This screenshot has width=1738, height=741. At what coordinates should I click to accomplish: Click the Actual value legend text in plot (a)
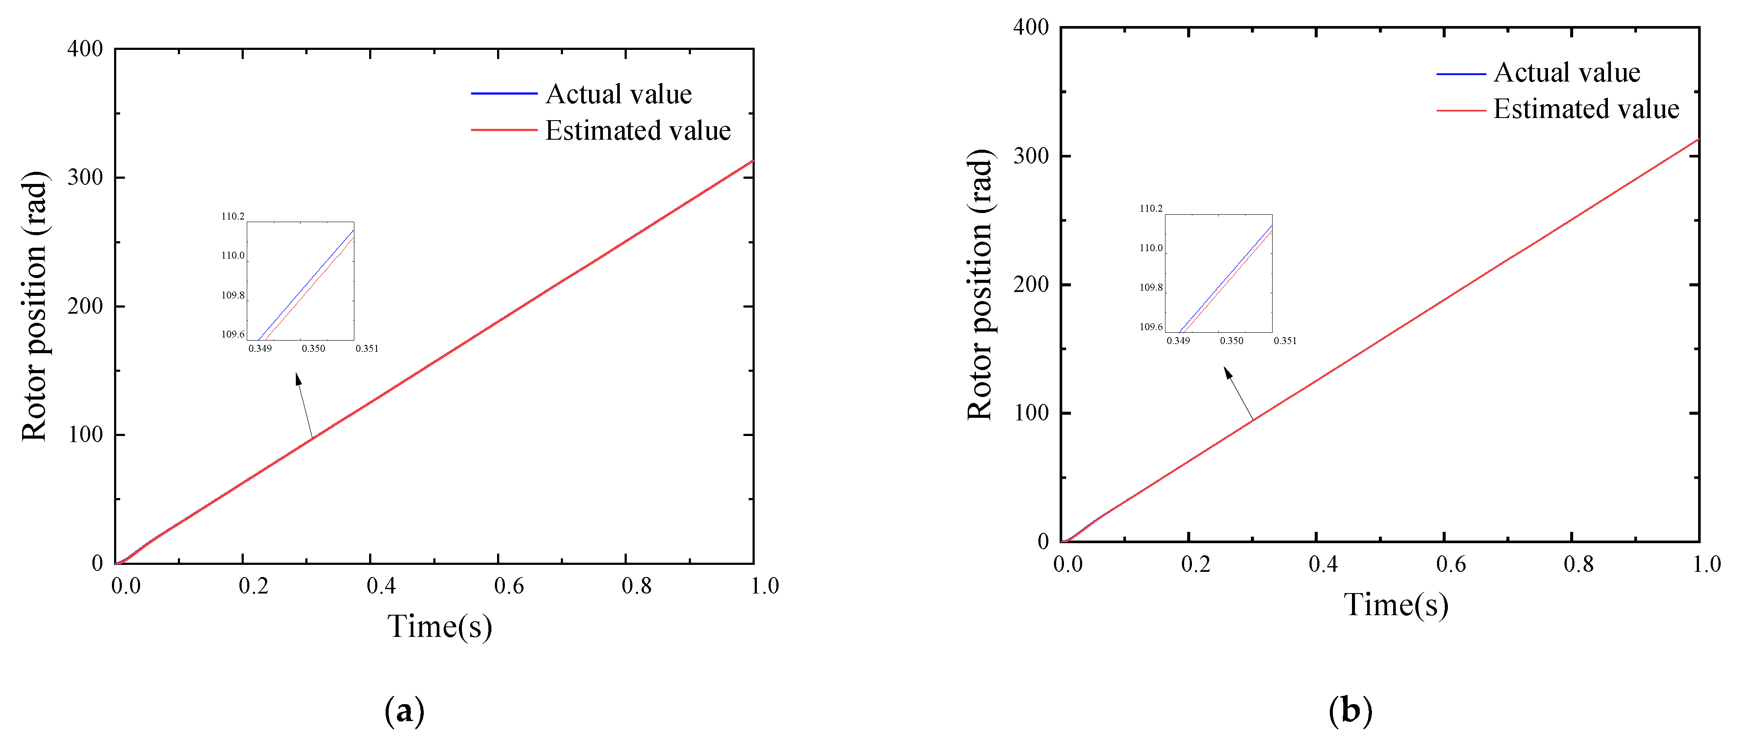click(x=618, y=95)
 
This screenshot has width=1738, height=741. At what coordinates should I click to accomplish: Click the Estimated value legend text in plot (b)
click(x=1585, y=109)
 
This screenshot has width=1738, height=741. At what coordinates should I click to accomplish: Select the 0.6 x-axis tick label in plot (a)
click(x=509, y=586)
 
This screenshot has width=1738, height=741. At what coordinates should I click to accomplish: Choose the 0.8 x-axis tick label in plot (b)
click(x=1578, y=564)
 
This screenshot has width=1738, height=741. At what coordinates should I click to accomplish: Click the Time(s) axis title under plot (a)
click(x=439, y=626)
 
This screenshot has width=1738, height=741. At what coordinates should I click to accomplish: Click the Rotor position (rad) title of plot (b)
click(x=980, y=285)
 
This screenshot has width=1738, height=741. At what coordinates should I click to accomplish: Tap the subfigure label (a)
click(x=404, y=711)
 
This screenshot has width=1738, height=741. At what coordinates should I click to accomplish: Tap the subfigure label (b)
click(x=1350, y=711)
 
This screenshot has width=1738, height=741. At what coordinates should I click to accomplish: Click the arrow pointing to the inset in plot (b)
click(x=1239, y=394)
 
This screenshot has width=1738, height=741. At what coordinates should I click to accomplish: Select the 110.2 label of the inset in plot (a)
click(x=233, y=216)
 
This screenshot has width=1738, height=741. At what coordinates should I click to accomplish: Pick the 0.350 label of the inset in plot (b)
click(x=1231, y=341)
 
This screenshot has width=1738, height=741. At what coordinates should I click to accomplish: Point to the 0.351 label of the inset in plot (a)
click(x=367, y=349)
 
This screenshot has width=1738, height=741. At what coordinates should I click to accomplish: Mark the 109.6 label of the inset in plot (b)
click(x=1151, y=327)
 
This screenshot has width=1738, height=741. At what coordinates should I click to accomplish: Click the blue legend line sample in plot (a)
click(x=503, y=94)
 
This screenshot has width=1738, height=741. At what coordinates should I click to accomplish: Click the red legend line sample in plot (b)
click(x=1461, y=110)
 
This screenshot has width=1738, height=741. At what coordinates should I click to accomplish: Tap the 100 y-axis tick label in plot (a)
click(x=85, y=435)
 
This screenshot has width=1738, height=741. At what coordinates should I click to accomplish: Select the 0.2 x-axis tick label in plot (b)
click(x=1195, y=564)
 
